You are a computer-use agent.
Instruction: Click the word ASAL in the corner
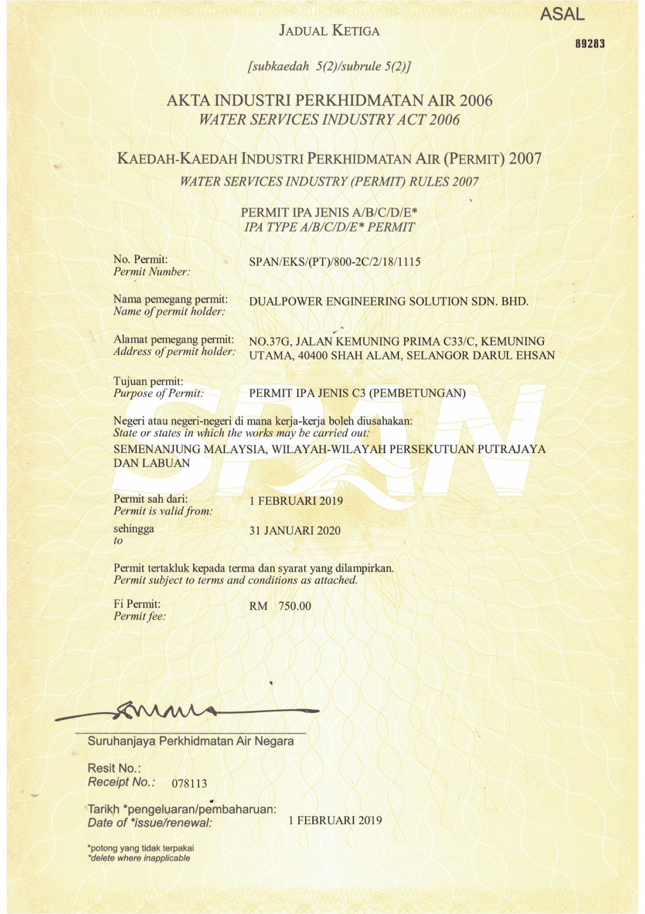point(562,15)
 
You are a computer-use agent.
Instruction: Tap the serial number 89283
point(590,44)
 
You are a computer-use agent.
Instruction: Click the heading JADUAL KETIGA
point(329,31)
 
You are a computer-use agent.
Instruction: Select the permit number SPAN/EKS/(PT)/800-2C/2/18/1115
point(334,262)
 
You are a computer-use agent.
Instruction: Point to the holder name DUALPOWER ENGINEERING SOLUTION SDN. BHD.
point(389,301)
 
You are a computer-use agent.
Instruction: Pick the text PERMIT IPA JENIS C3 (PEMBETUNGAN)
point(357,393)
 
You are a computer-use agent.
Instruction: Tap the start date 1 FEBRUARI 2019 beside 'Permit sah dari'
point(296,501)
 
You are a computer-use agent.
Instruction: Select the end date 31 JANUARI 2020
point(295,531)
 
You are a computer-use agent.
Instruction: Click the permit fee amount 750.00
point(294,606)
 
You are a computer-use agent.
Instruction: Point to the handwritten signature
point(161,712)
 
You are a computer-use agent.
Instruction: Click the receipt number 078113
point(189,783)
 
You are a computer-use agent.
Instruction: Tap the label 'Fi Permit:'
point(137,604)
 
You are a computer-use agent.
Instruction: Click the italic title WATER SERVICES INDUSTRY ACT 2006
point(329,119)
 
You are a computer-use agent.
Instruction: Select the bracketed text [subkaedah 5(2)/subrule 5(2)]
point(329,67)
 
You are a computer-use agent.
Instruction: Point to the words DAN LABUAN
point(152,463)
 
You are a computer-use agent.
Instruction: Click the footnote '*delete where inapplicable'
point(139,858)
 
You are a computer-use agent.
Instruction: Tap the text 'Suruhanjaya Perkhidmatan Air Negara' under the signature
point(190,741)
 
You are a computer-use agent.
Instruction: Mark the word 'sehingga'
point(134,529)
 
